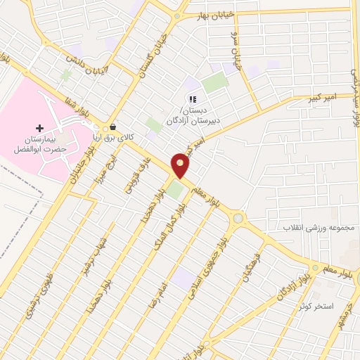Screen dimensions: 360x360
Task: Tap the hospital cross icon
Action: (x=39, y=128)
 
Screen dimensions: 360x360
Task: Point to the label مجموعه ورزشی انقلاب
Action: (x=321, y=228)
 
